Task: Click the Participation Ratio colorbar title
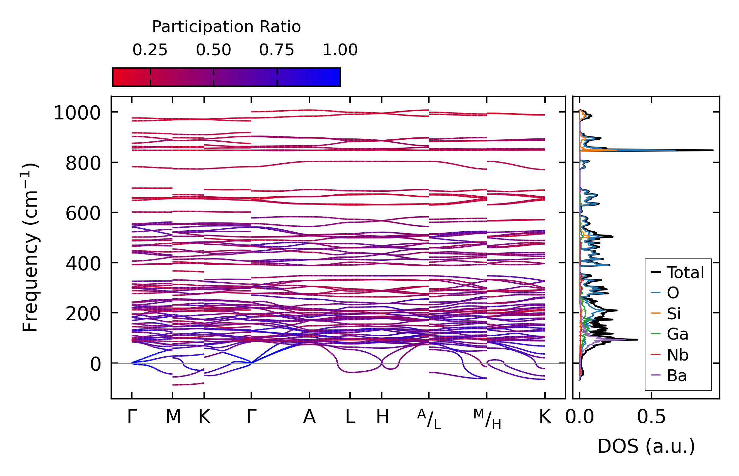coord(226,27)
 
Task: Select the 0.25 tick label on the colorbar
coord(150,50)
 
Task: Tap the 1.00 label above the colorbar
coord(340,50)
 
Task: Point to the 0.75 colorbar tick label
coord(277,50)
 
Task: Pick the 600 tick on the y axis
coord(83,214)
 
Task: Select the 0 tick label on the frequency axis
coord(96,364)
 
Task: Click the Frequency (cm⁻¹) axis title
coord(30,247)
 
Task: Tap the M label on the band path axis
coord(173,417)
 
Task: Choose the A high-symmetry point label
coord(309,417)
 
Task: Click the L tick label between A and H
coord(350,417)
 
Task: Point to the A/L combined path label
coord(429,419)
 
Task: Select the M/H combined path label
coord(487,419)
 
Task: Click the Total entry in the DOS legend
coord(677,273)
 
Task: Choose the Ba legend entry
coord(669,376)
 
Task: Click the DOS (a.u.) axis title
coord(646,446)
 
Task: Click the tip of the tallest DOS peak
coord(713,150)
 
